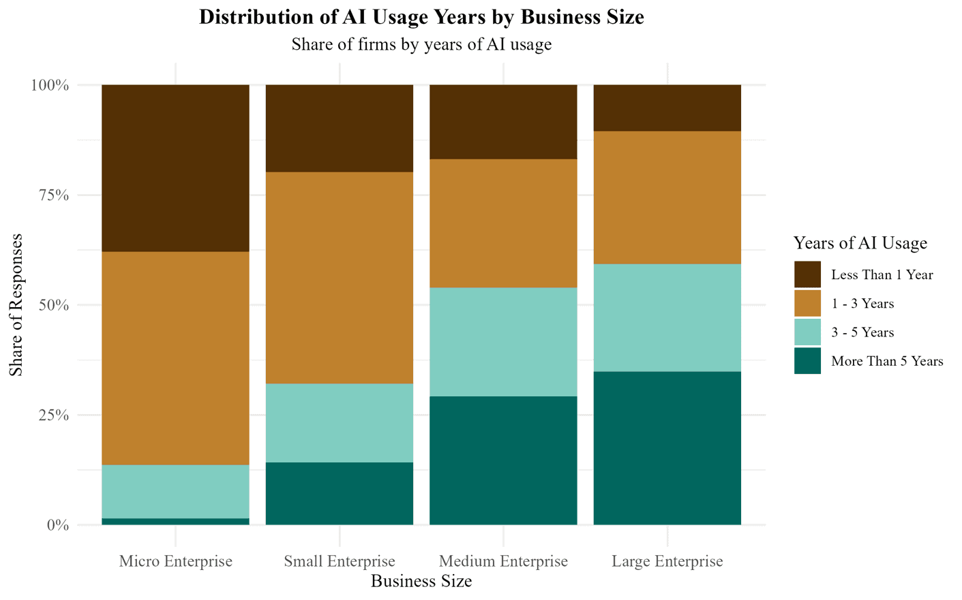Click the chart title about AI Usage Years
421,17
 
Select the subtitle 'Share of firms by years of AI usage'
421,44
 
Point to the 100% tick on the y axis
49,86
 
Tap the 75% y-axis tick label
52,195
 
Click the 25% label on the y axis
52,415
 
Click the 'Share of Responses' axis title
16,304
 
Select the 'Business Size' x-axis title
421,581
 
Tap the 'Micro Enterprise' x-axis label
175,561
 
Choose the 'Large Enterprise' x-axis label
667,561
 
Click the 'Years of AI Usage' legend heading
860,243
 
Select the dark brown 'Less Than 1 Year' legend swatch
807,274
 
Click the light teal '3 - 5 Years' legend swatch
807,332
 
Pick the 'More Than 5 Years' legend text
886,361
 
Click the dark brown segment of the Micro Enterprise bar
175,168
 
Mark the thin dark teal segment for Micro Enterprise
175,522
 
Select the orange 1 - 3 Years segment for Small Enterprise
340,278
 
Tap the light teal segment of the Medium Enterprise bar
503,342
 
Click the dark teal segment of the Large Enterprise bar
667,448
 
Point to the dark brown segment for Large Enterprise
667,108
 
